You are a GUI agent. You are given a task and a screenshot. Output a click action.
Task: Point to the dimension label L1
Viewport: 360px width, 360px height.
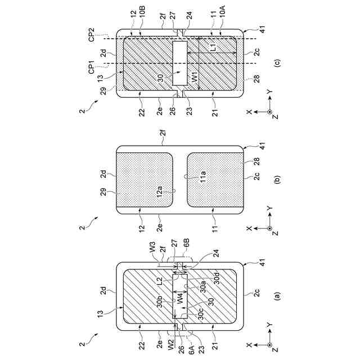point(213,49)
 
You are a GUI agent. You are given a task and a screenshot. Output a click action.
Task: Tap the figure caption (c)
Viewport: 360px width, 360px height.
point(276,62)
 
